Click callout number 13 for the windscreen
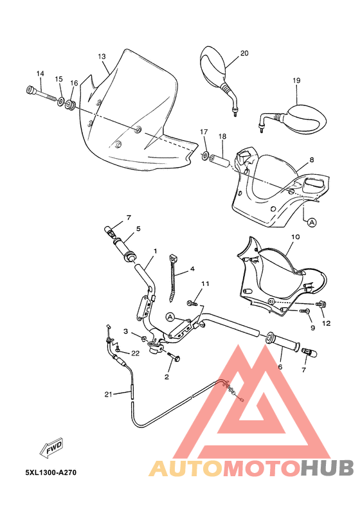tap(102, 57)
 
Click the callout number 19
tap(296, 80)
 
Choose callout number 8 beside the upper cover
tap(311, 159)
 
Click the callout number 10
tap(295, 237)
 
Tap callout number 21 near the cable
tap(108, 394)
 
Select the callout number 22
tap(135, 353)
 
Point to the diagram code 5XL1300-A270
tap(51, 472)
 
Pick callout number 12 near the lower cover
tap(326, 323)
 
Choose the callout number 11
tap(206, 283)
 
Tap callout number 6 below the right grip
tap(280, 367)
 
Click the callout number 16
tap(74, 83)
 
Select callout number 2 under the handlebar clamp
tap(166, 377)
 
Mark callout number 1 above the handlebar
tap(155, 251)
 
